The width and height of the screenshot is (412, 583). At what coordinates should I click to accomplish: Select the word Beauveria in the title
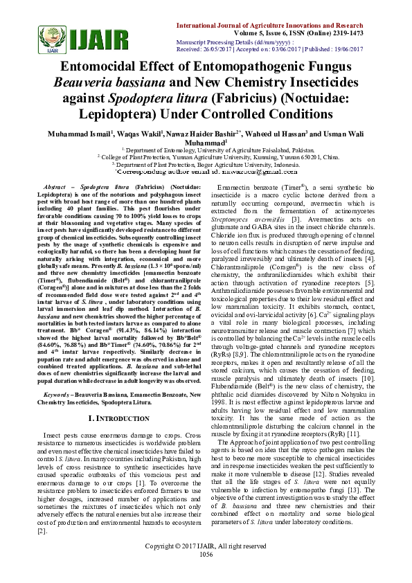84,83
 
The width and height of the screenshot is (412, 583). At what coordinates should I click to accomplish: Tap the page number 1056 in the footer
206,573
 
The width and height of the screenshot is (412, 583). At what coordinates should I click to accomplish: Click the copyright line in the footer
206,566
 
